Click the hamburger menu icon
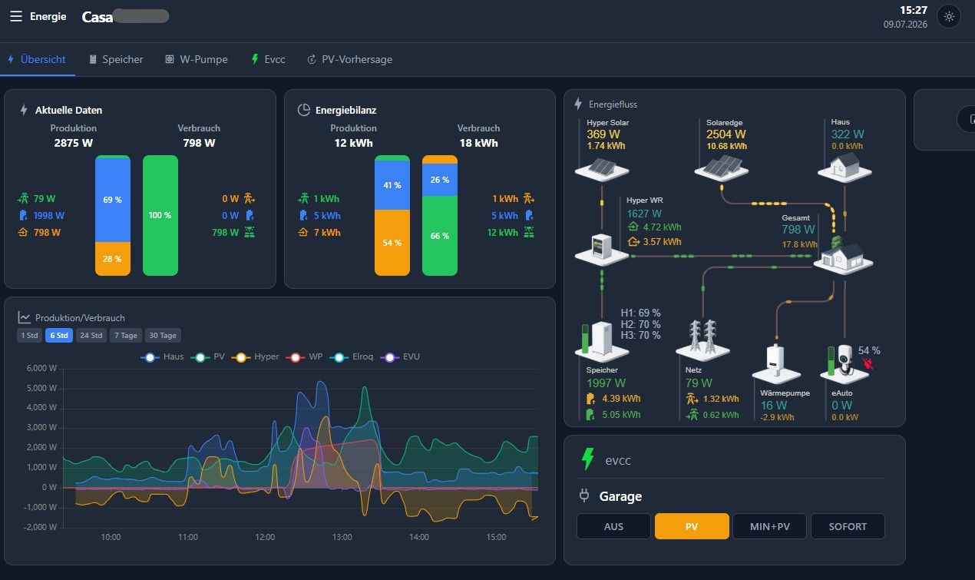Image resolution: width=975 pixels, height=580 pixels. tap(16, 17)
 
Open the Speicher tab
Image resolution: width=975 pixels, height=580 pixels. tap(116, 59)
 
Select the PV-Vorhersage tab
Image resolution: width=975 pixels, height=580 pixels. tap(349, 59)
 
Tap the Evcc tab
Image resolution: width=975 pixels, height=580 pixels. tap(268, 59)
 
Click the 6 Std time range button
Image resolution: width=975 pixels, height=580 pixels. tap(59, 335)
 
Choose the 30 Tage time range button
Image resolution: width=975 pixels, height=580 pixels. tap(163, 335)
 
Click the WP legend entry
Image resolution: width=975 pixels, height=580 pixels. tap(304, 356)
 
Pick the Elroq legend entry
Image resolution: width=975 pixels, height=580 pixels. tap(352, 356)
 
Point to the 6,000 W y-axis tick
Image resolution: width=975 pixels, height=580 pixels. tap(41, 368)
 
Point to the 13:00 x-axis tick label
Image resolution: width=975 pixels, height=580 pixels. tap(342, 537)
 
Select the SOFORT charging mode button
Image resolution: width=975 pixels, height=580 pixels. tap(848, 526)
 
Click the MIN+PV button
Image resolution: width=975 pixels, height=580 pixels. tap(769, 526)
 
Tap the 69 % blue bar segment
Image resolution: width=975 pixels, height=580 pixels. tap(113, 200)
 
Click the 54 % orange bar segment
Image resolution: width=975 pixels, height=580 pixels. tap(392, 243)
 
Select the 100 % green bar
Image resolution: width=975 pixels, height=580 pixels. tap(160, 215)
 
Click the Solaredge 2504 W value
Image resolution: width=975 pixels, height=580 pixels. tap(725, 134)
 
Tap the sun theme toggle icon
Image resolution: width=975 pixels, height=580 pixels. tap(949, 17)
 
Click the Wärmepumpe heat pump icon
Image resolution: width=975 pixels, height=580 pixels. tap(776, 363)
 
